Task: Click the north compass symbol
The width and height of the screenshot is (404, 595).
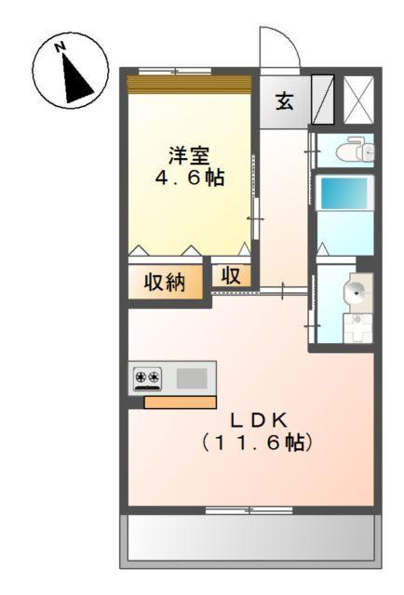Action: pos(67,73)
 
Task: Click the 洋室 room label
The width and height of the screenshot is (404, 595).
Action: pos(188,154)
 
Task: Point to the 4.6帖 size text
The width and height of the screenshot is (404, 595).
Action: pos(189,177)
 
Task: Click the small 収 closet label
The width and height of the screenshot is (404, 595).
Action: pos(231,276)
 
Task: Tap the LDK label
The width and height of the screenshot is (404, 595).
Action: pos(251,417)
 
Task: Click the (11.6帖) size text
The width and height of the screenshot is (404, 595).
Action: pos(253,443)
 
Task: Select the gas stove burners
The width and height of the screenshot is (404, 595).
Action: pos(147,377)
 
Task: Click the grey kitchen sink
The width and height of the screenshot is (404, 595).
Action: pos(192,377)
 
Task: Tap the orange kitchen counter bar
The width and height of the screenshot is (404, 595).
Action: pos(180,402)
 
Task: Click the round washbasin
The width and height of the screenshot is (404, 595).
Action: pos(357,292)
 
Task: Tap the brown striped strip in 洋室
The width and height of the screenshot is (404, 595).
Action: pos(189,83)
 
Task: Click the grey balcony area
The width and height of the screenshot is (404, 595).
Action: pos(250,537)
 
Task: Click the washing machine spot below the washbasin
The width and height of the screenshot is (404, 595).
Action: pos(357,326)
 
